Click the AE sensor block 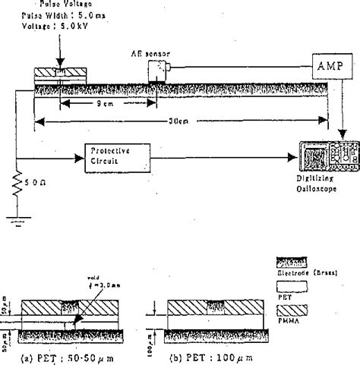pyautogui.click(x=156, y=73)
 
